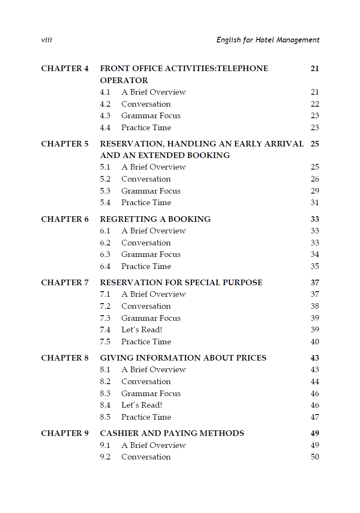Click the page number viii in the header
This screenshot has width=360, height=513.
[x=46, y=40]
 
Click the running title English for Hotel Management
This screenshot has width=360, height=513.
[x=268, y=40]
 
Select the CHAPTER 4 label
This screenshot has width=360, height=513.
[x=65, y=69]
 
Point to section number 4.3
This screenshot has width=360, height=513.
[x=105, y=116]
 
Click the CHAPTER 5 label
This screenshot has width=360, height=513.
[x=65, y=144]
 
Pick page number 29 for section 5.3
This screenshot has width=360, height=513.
[x=315, y=191]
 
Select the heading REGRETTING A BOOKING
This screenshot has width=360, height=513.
[x=155, y=219]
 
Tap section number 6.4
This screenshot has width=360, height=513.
[x=105, y=266]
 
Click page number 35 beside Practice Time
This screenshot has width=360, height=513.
[x=315, y=266]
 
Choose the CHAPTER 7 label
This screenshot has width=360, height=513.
[x=65, y=283]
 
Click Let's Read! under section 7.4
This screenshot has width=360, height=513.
[x=141, y=330]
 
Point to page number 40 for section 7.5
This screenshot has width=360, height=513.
[x=315, y=342]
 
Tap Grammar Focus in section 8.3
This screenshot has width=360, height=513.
[x=151, y=394]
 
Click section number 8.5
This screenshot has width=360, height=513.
[x=105, y=417]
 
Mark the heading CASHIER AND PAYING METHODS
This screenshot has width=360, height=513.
[x=172, y=433]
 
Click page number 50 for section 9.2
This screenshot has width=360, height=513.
[x=315, y=457]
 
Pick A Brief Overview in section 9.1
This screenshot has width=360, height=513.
[x=153, y=445]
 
